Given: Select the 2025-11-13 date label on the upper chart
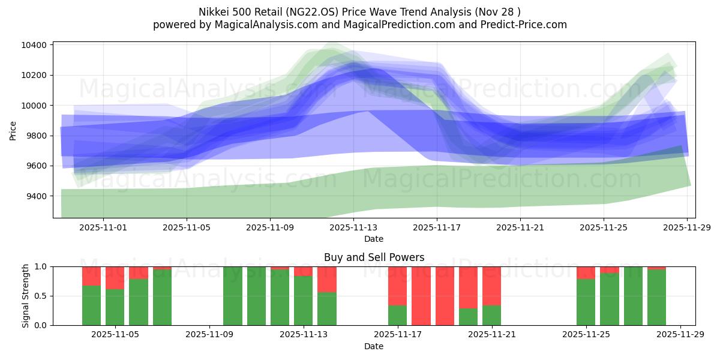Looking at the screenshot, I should click(353, 227).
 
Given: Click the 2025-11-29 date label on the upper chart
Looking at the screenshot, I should click(687, 227).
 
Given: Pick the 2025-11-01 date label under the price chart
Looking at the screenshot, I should click(103, 227).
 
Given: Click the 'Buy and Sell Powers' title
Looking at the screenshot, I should click(374, 257).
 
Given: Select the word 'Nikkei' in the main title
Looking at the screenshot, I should click(214, 12).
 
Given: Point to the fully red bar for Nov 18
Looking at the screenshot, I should click(421, 296).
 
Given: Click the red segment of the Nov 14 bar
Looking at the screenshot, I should click(327, 279).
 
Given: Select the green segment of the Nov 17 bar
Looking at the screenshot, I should click(397, 315).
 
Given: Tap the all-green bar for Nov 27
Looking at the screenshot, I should click(633, 296).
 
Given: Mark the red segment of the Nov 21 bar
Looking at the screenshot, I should click(491, 286).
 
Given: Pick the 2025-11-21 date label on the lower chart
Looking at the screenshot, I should click(491, 334).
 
